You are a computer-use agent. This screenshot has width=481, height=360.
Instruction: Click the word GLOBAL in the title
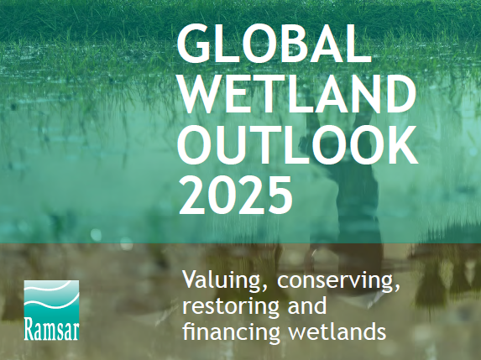point(274,43)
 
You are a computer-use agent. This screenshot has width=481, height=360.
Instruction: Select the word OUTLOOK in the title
point(297,144)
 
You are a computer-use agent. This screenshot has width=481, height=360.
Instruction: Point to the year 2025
point(235,196)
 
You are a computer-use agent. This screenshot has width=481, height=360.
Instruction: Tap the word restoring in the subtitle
point(231,306)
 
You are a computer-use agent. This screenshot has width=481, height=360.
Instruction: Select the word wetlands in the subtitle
point(337,331)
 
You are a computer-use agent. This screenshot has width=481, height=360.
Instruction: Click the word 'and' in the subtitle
point(306,305)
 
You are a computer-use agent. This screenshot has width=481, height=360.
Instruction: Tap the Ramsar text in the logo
point(51,330)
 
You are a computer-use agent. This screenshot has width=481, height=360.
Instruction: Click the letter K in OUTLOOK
point(402,144)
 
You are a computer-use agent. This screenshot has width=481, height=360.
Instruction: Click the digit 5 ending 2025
point(279,196)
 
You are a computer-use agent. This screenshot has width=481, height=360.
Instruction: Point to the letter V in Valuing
point(191,280)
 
